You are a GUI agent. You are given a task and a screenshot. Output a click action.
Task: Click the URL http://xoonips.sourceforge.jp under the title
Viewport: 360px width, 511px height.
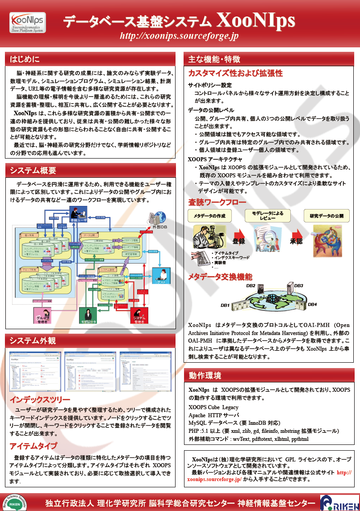[x=179, y=36]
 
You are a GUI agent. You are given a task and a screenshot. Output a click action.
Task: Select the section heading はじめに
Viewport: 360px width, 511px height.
[x=25, y=59]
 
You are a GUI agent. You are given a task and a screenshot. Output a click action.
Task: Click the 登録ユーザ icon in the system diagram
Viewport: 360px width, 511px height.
[x=79, y=215]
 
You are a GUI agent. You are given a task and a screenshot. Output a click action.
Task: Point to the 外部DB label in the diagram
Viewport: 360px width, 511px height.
[x=159, y=227]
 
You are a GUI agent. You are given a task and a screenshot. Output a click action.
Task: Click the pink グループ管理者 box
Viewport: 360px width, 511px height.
[x=43, y=316]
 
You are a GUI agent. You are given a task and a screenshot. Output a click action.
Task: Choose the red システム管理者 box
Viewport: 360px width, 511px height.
[x=139, y=316]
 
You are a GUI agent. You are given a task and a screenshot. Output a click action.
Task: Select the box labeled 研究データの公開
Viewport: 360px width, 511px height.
[x=327, y=216]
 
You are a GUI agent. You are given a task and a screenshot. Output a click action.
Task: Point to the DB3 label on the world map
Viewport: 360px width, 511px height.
[x=298, y=285]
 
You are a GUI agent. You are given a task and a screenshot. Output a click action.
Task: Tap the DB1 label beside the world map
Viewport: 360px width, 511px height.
[x=225, y=306]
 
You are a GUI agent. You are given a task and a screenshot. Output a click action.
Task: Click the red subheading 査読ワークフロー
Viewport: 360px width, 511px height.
[x=217, y=202]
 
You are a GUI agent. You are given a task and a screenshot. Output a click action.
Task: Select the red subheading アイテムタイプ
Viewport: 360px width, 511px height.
[x=33, y=446]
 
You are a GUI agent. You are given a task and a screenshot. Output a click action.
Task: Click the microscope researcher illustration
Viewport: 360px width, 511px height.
[x=207, y=236]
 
